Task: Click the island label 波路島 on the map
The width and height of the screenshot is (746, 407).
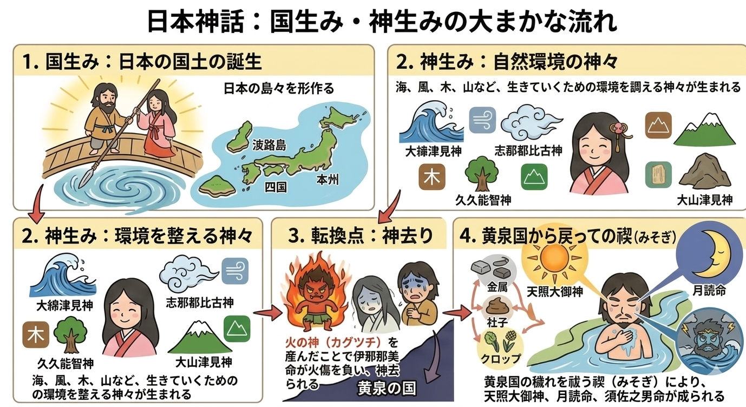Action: (269, 145)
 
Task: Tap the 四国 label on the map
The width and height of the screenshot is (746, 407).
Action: (276, 187)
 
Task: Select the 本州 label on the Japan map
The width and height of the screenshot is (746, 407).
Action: (328, 180)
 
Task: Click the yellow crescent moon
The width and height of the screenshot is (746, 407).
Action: (716, 257)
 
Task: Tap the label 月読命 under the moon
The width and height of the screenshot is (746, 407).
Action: (709, 291)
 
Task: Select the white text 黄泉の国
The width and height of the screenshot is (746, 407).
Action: (387, 389)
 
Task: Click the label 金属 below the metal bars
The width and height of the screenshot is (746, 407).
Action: (497, 287)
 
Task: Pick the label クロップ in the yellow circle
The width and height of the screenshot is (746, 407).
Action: (501, 358)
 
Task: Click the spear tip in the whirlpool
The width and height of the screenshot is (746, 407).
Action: (84, 176)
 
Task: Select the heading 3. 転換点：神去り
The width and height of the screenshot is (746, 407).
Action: (361, 236)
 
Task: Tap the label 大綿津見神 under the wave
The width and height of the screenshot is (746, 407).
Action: (64, 305)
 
